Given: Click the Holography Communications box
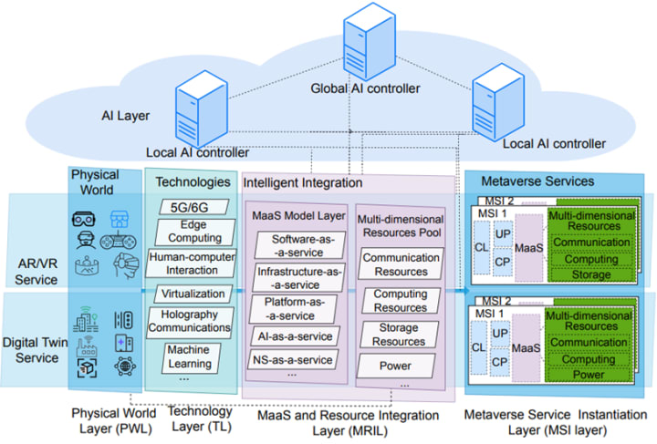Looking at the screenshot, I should pyautogui.click(x=189, y=322).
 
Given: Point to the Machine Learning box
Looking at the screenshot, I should pyautogui.click(x=189, y=356).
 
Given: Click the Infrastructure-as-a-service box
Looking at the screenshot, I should pyautogui.click(x=287, y=277).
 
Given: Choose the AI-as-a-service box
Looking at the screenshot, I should pyautogui.click(x=287, y=336).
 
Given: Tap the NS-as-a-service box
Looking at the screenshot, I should pyautogui.click(x=287, y=359).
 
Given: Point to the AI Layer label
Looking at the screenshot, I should pyautogui.click(x=125, y=117).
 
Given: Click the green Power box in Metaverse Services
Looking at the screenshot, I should pyautogui.click(x=589, y=374).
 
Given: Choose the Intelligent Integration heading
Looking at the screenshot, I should pyautogui.click(x=302, y=182).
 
